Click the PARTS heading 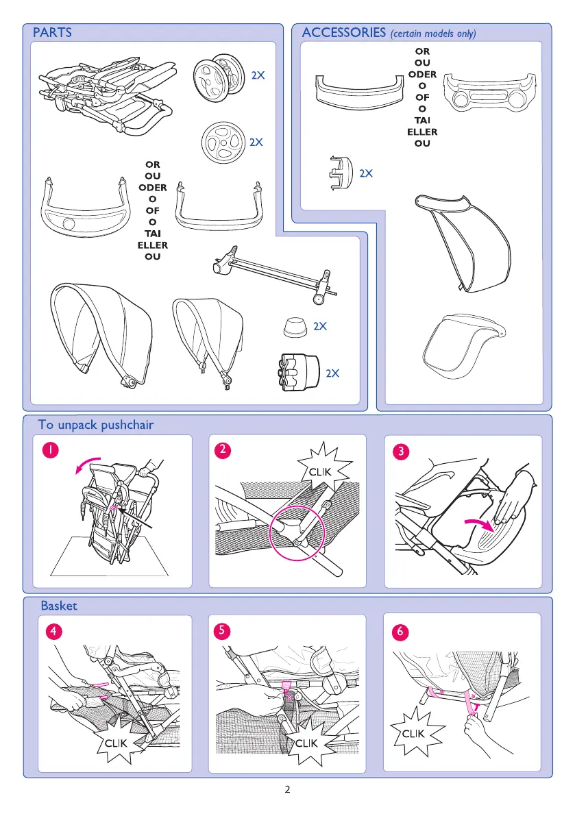click(x=52, y=33)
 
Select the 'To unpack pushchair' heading click(x=96, y=425)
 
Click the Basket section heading click(x=60, y=606)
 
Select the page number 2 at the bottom click(x=288, y=789)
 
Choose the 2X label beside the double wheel click(x=258, y=76)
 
